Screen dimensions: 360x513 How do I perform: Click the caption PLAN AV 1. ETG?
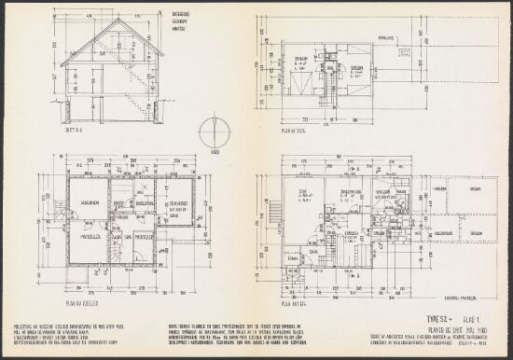pos(293,301)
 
